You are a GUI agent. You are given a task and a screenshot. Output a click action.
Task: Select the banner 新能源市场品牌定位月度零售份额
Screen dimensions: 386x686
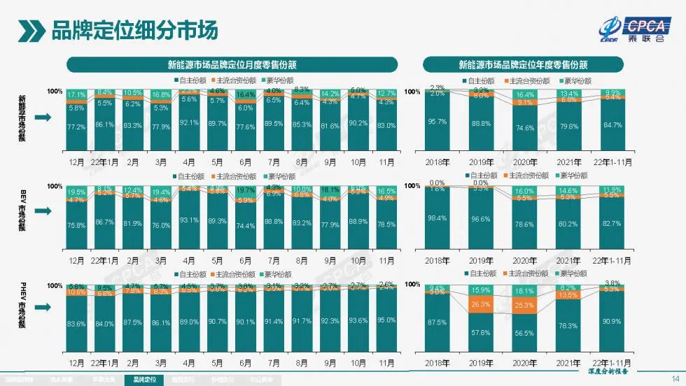[232, 64]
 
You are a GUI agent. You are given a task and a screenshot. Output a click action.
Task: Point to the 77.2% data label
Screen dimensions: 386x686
[76, 127]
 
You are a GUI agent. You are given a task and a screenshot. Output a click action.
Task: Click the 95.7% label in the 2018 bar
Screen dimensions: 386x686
[437, 122]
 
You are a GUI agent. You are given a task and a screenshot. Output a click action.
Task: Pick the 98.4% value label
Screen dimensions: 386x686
[437, 218]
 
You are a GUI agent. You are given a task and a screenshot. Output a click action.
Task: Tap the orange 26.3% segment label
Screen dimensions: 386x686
[479, 304]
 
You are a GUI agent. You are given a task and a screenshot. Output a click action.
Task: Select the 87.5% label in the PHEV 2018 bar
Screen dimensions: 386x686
[437, 322]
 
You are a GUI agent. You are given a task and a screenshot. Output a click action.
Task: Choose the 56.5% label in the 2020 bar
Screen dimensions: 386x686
[523, 334]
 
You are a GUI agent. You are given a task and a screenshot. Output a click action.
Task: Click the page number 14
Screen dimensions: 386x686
[675, 373]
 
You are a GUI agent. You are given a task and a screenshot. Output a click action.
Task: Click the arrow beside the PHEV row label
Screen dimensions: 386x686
[42, 308]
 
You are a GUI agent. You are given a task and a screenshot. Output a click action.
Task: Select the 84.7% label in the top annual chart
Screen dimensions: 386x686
[611, 125]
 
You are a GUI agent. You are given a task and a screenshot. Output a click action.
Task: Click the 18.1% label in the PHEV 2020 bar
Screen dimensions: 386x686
[523, 290]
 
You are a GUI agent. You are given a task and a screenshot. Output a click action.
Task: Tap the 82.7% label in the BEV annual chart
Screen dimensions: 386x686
[611, 222]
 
